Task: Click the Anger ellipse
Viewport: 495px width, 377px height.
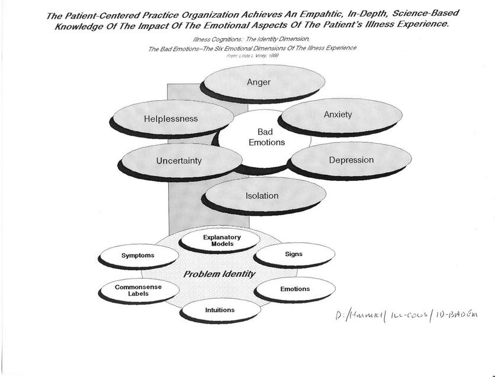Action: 258,82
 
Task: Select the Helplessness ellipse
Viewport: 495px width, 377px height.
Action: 171,119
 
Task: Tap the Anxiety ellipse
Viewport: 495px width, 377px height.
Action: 337,114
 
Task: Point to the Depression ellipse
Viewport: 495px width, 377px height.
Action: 351,160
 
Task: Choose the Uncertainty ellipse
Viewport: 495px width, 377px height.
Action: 179,161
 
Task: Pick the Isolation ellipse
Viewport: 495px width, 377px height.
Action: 262,196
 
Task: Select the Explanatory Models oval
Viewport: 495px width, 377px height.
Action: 218,241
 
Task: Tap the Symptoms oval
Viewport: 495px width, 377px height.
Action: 138,255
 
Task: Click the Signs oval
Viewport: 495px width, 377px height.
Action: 294,254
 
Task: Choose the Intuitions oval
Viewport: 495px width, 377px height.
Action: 220,309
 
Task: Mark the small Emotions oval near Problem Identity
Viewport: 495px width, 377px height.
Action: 295,289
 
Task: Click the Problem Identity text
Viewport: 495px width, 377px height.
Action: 219,274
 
